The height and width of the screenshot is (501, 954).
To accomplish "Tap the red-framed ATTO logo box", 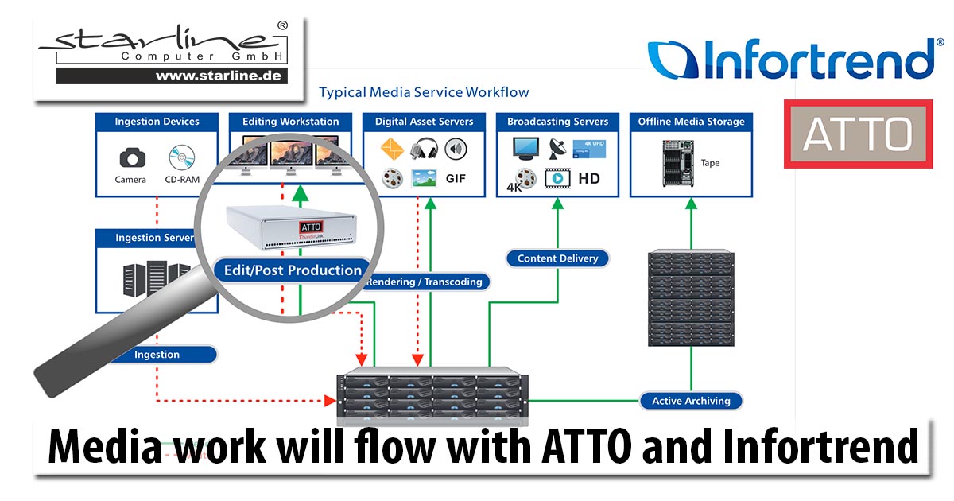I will (x=857, y=134).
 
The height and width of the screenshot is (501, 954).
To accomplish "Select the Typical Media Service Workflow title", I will (x=424, y=92).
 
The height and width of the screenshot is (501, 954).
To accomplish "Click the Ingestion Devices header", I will (x=157, y=122).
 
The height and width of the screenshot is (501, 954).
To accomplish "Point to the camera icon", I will (x=130, y=157).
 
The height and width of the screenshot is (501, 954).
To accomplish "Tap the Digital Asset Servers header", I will (x=424, y=122).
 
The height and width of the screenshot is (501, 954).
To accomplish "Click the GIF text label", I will (x=456, y=178).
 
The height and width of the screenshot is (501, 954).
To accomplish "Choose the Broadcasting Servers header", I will (x=557, y=122).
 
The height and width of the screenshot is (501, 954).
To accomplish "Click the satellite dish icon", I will (x=556, y=148).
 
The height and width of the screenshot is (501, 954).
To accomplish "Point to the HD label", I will (x=589, y=178).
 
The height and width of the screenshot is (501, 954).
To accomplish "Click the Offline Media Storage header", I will (x=691, y=122).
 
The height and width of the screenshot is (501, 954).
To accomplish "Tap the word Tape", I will (x=710, y=163).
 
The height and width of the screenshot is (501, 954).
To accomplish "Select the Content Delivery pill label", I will (x=557, y=258).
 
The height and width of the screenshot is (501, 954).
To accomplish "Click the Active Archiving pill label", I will (x=691, y=401).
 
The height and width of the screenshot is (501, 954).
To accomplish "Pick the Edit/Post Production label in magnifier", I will (x=293, y=270).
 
